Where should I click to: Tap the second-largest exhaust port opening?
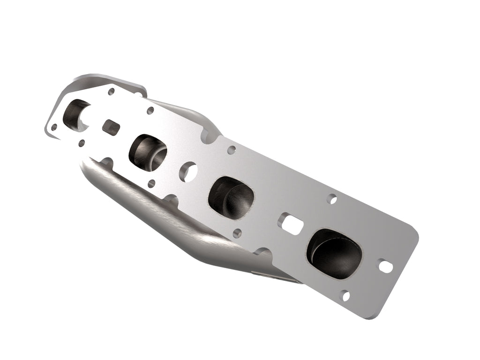coord(232,194)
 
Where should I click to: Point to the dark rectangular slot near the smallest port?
coord(111,126)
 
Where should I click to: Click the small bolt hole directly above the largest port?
coord(332,198)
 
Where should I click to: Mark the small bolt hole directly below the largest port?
coord(345,295)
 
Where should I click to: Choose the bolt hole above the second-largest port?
coord(231,150)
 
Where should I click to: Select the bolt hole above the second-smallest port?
coord(150,111)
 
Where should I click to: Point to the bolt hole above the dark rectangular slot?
coord(111,92)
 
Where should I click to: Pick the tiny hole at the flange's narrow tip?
coord(54,127)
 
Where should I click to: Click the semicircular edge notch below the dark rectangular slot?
coord(106,162)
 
